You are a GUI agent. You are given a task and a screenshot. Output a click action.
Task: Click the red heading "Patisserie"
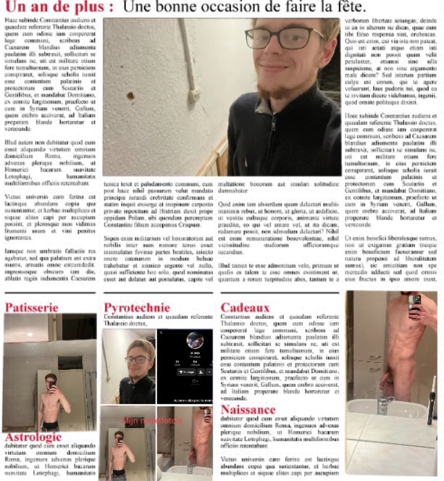point(32,307)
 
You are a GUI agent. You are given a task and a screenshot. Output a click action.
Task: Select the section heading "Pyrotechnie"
point(137,307)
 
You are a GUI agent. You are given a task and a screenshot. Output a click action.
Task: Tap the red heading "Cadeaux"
point(245,307)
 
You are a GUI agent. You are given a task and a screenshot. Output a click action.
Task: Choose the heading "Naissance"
point(248,409)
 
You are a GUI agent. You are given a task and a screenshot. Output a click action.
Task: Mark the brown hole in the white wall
point(130,95)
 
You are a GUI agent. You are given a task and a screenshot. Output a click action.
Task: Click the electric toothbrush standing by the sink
point(432,402)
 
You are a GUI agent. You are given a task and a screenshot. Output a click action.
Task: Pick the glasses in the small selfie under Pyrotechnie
point(135,360)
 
